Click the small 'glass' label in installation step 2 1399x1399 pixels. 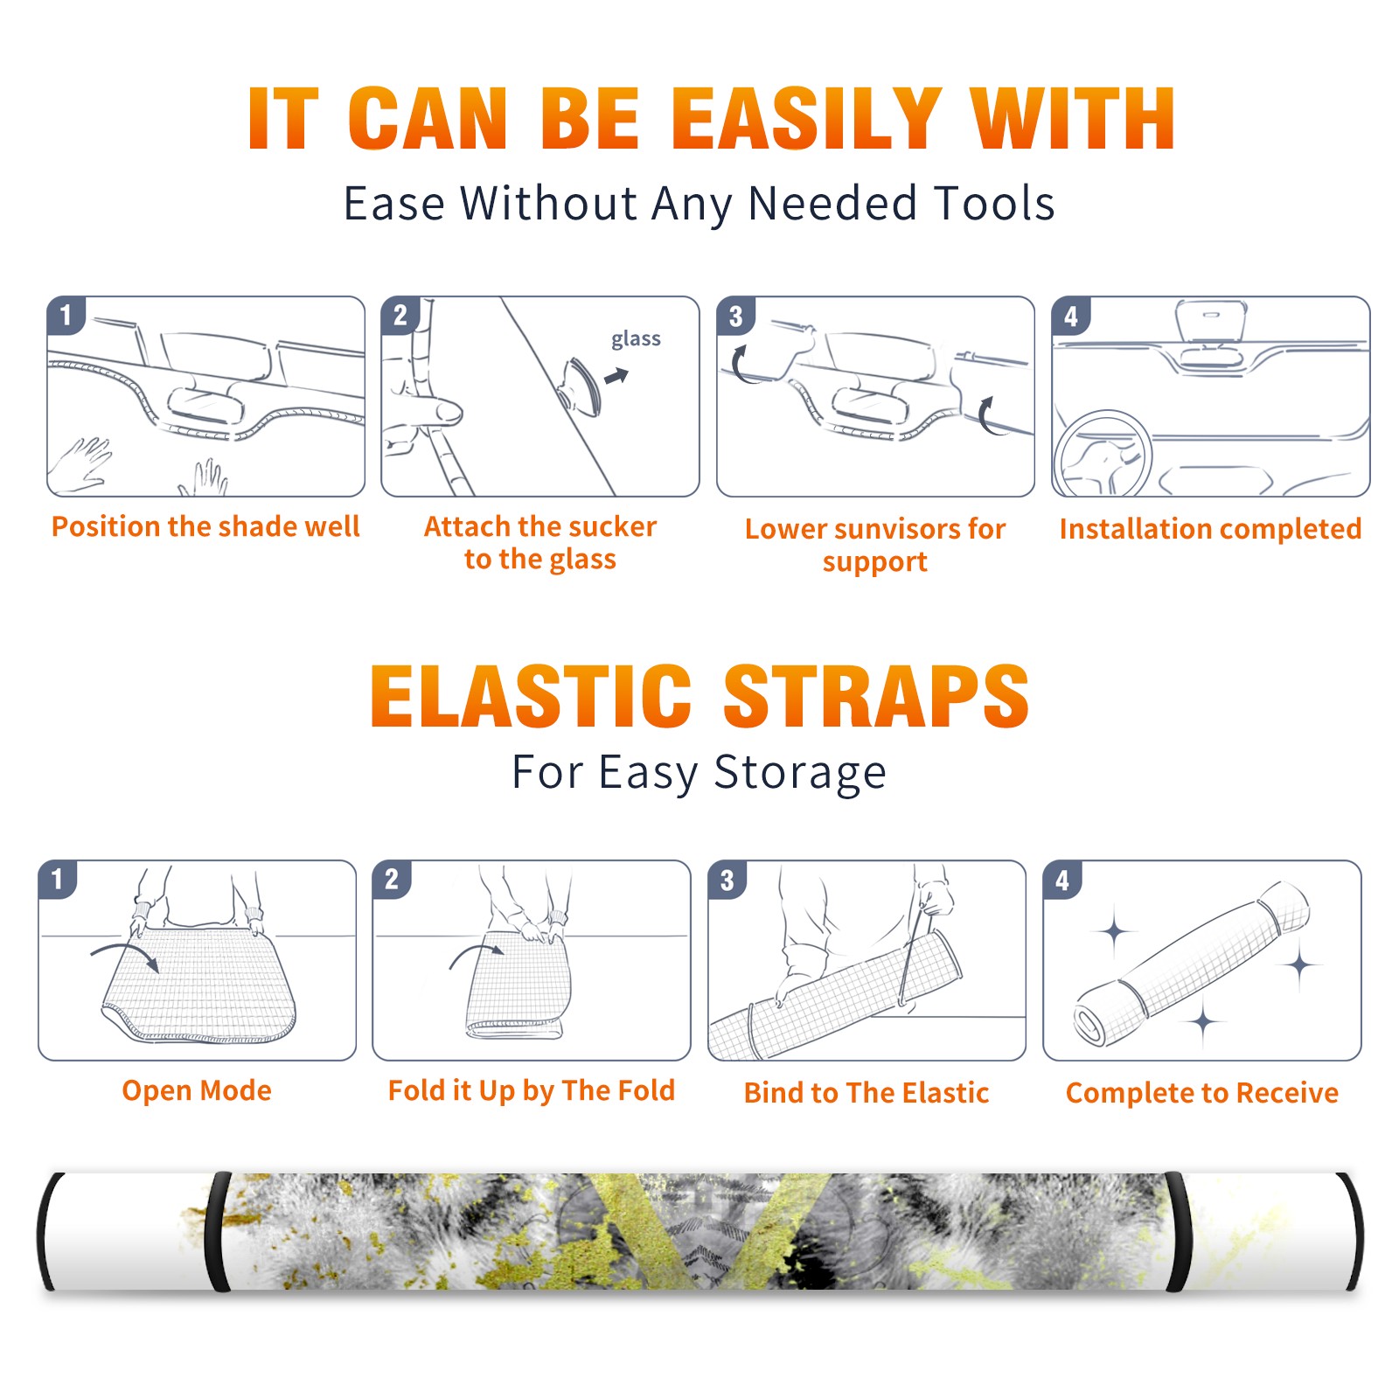(636, 339)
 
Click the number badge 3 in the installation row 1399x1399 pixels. (735, 316)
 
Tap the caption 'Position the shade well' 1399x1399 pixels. (205, 526)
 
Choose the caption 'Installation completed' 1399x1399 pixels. (1210, 528)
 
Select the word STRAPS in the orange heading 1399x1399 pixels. (876, 696)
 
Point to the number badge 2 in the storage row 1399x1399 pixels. (391, 880)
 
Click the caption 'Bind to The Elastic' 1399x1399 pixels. (866, 1092)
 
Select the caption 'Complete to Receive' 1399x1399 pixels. (1201, 1093)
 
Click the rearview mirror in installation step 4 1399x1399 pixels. (1210, 322)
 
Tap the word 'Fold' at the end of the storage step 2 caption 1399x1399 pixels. (646, 1089)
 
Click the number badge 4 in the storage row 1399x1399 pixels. (1061, 880)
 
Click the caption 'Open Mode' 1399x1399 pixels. (197, 1090)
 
